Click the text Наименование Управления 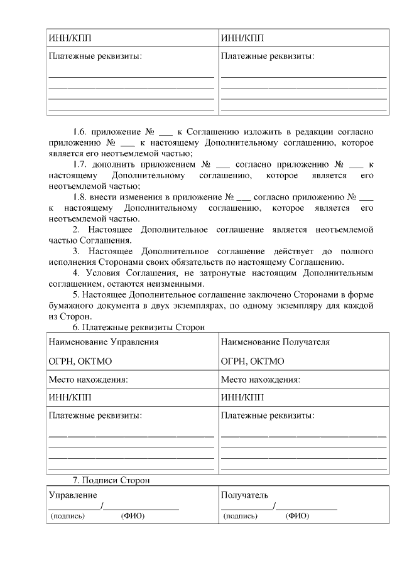(103, 342)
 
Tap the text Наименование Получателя (275, 342)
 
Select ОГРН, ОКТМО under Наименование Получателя (253, 361)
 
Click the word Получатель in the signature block (244, 495)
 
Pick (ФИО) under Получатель (297, 516)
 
